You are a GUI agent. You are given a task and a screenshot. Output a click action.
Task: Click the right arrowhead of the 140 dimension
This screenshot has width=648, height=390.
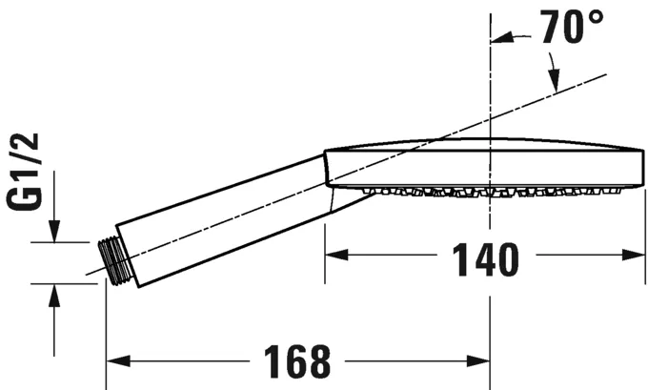click(636, 256)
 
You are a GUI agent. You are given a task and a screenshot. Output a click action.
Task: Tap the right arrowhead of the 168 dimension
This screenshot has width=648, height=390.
click(480, 361)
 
